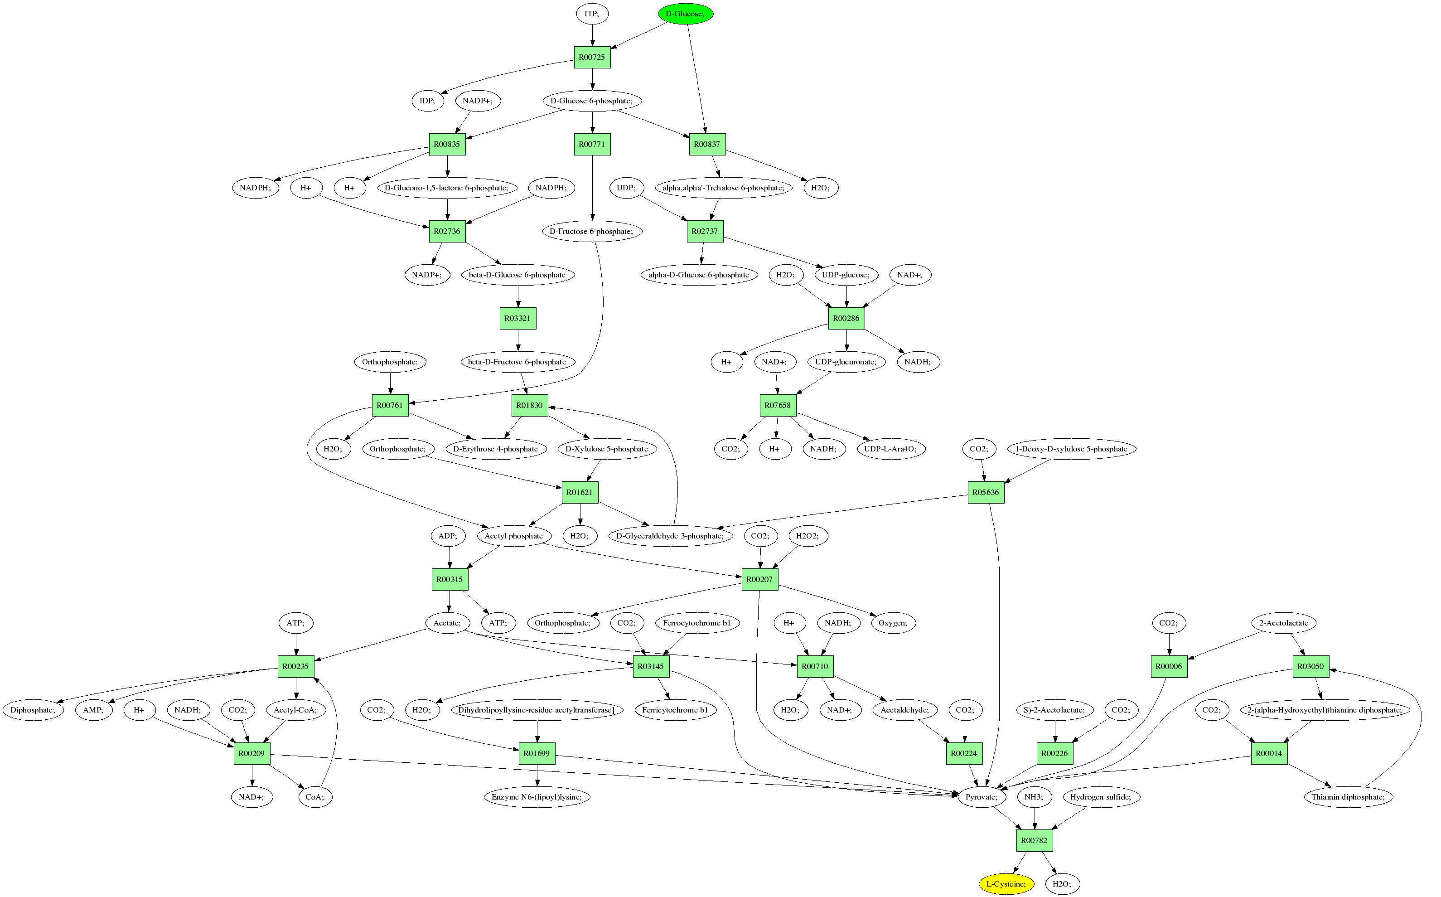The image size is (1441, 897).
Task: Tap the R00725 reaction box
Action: coord(592,57)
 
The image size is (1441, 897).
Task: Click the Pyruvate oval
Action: coord(982,797)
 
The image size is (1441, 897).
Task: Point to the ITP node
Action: coord(592,14)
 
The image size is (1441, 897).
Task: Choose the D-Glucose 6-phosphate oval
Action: coord(592,101)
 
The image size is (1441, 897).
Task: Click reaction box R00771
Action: coord(592,144)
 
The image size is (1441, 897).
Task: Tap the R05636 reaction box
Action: coord(986,492)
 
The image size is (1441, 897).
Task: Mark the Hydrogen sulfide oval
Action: coord(1101,797)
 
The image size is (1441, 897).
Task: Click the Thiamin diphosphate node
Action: coord(1348,797)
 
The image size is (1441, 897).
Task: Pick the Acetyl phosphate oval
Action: coord(513,536)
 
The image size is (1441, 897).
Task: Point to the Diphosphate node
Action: coord(33,709)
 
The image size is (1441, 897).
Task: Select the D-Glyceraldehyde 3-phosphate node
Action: coord(670,536)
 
